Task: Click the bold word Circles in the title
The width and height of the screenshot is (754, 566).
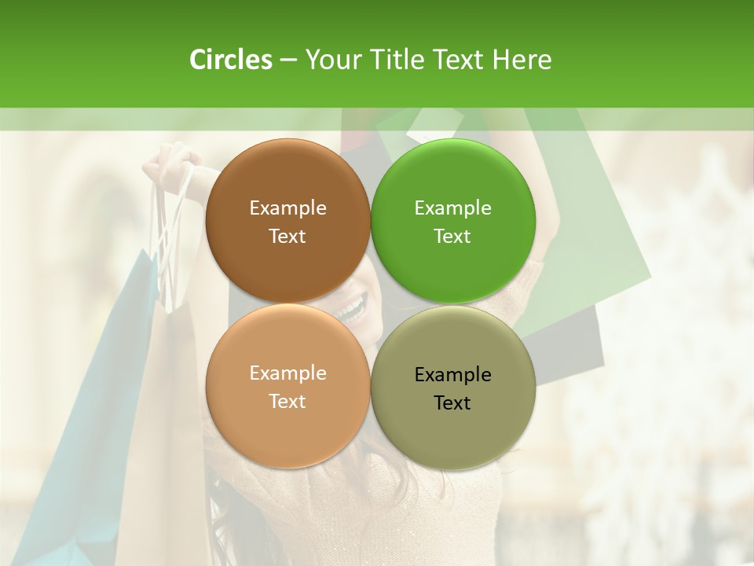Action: pos(230,60)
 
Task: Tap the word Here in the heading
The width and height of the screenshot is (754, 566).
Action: pos(522,60)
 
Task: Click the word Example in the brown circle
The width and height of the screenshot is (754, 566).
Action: pos(287,208)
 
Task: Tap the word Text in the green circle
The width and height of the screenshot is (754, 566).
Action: pos(452,236)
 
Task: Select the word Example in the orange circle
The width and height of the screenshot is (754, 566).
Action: pos(287,373)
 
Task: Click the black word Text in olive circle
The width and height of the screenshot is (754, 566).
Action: pos(452,402)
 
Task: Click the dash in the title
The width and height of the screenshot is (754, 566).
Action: pos(287,61)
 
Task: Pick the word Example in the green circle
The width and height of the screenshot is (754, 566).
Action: pos(452,208)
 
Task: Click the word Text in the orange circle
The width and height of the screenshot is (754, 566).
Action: pos(287,401)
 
